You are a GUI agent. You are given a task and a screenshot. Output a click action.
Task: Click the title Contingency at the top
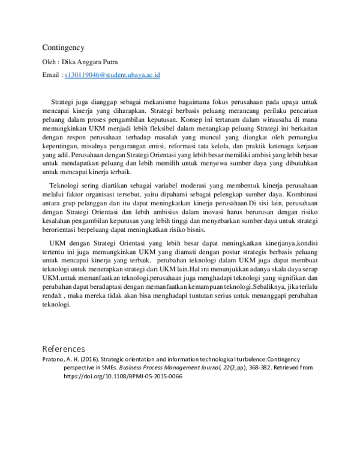pos(64,47)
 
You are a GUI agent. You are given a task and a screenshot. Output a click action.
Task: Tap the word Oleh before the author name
pos(50,61)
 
